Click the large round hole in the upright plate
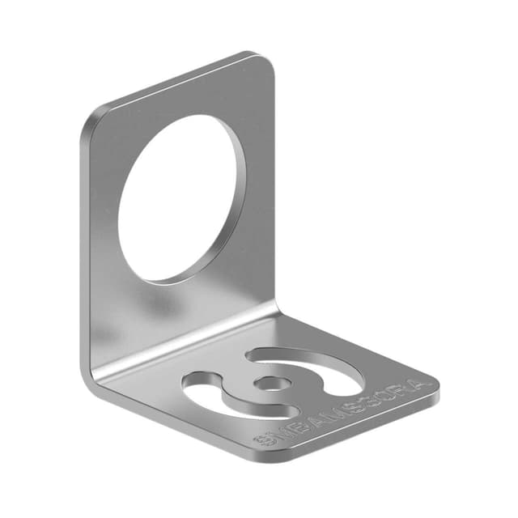click(182, 198)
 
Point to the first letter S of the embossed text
click(263, 440)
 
